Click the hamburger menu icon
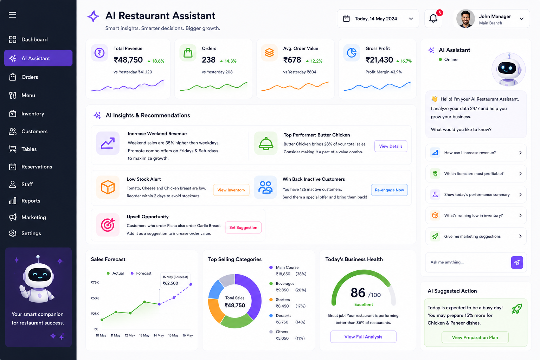click(13, 15)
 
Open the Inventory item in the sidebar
click(26, 114)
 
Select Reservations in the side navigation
click(30, 167)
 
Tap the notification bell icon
click(433, 19)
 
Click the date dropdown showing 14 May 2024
click(378, 19)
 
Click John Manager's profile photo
click(465, 19)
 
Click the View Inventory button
click(231, 190)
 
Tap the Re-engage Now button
click(389, 190)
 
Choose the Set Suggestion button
click(243, 227)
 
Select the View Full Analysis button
click(363, 336)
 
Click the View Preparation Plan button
click(475, 337)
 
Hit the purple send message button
click(517, 262)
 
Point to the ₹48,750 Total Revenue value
click(128, 60)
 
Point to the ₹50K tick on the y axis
click(95, 298)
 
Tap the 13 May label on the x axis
click(144, 335)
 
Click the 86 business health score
click(358, 293)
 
